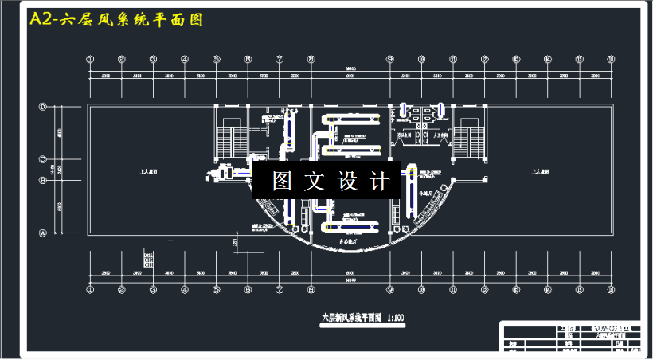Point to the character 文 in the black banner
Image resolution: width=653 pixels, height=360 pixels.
coord(315,182)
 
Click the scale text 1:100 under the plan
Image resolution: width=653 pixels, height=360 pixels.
coord(395,317)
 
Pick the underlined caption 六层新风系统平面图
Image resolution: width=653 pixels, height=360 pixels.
coord(351,317)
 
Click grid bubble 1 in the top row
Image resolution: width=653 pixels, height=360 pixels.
coord(90,58)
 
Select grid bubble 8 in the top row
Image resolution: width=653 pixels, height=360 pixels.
coord(311,58)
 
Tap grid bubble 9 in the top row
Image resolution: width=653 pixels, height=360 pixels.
coord(389,58)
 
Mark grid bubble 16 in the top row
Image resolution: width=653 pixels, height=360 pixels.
coord(610,58)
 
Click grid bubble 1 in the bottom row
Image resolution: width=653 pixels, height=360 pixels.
coord(90,289)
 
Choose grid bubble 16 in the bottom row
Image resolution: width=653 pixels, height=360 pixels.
coord(610,289)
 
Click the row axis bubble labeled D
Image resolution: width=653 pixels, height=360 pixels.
coord(43,106)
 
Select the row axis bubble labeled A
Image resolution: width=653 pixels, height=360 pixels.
coord(43,233)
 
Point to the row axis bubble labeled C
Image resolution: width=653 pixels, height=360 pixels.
coord(43,159)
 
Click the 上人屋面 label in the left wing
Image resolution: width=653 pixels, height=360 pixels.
coord(147,170)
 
